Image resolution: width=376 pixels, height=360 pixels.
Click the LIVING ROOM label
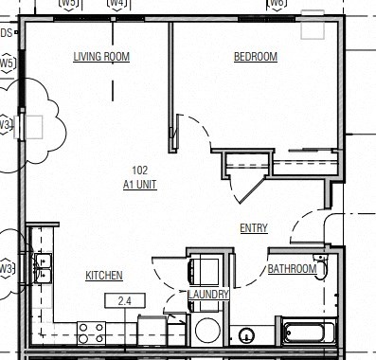pos(101,57)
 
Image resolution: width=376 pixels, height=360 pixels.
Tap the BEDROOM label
pos(256,57)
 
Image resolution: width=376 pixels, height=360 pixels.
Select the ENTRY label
pos(254,227)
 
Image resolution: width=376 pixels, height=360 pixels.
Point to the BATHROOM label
pos(292,269)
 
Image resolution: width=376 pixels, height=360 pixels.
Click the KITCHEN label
pos(104,276)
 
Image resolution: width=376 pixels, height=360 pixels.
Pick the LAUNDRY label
pos(208,296)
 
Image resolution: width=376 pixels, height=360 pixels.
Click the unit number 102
pos(139,171)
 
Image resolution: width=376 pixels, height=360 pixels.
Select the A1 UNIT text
pos(139,186)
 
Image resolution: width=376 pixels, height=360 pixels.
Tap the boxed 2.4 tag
pos(123,302)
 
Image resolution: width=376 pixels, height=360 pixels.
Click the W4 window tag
pos(117,4)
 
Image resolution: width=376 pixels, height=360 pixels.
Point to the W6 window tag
pos(277,4)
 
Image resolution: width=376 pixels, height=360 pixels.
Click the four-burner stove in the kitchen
pos(91,332)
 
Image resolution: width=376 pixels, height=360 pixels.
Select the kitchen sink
pos(42,268)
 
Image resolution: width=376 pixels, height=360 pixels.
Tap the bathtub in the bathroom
pos(309,333)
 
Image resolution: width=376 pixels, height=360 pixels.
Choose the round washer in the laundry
pos(206,331)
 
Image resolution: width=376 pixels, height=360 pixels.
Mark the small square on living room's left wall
pos(35,125)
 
